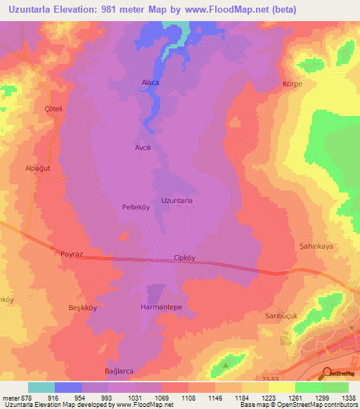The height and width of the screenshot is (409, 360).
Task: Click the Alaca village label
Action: [x=150, y=82]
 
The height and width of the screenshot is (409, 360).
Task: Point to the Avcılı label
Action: [x=143, y=148]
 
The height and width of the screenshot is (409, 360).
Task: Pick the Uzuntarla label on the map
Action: [x=177, y=201]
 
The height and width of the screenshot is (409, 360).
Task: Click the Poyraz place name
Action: [x=72, y=252]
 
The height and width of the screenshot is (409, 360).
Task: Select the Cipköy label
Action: [x=185, y=258]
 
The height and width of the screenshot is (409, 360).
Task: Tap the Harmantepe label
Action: [x=161, y=308]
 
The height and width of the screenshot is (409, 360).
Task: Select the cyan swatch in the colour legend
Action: [x=41, y=387]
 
